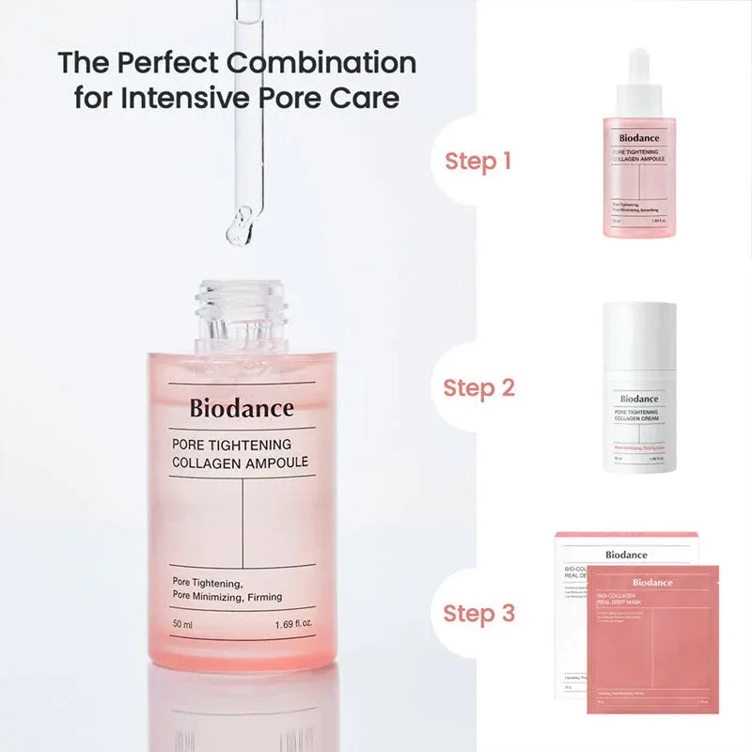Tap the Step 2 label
click(x=478, y=387)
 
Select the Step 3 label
click(x=478, y=614)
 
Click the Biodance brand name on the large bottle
click(x=242, y=408)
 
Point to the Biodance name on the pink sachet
click(x=653, y=583)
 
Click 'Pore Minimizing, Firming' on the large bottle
click(x=227, y=597)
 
